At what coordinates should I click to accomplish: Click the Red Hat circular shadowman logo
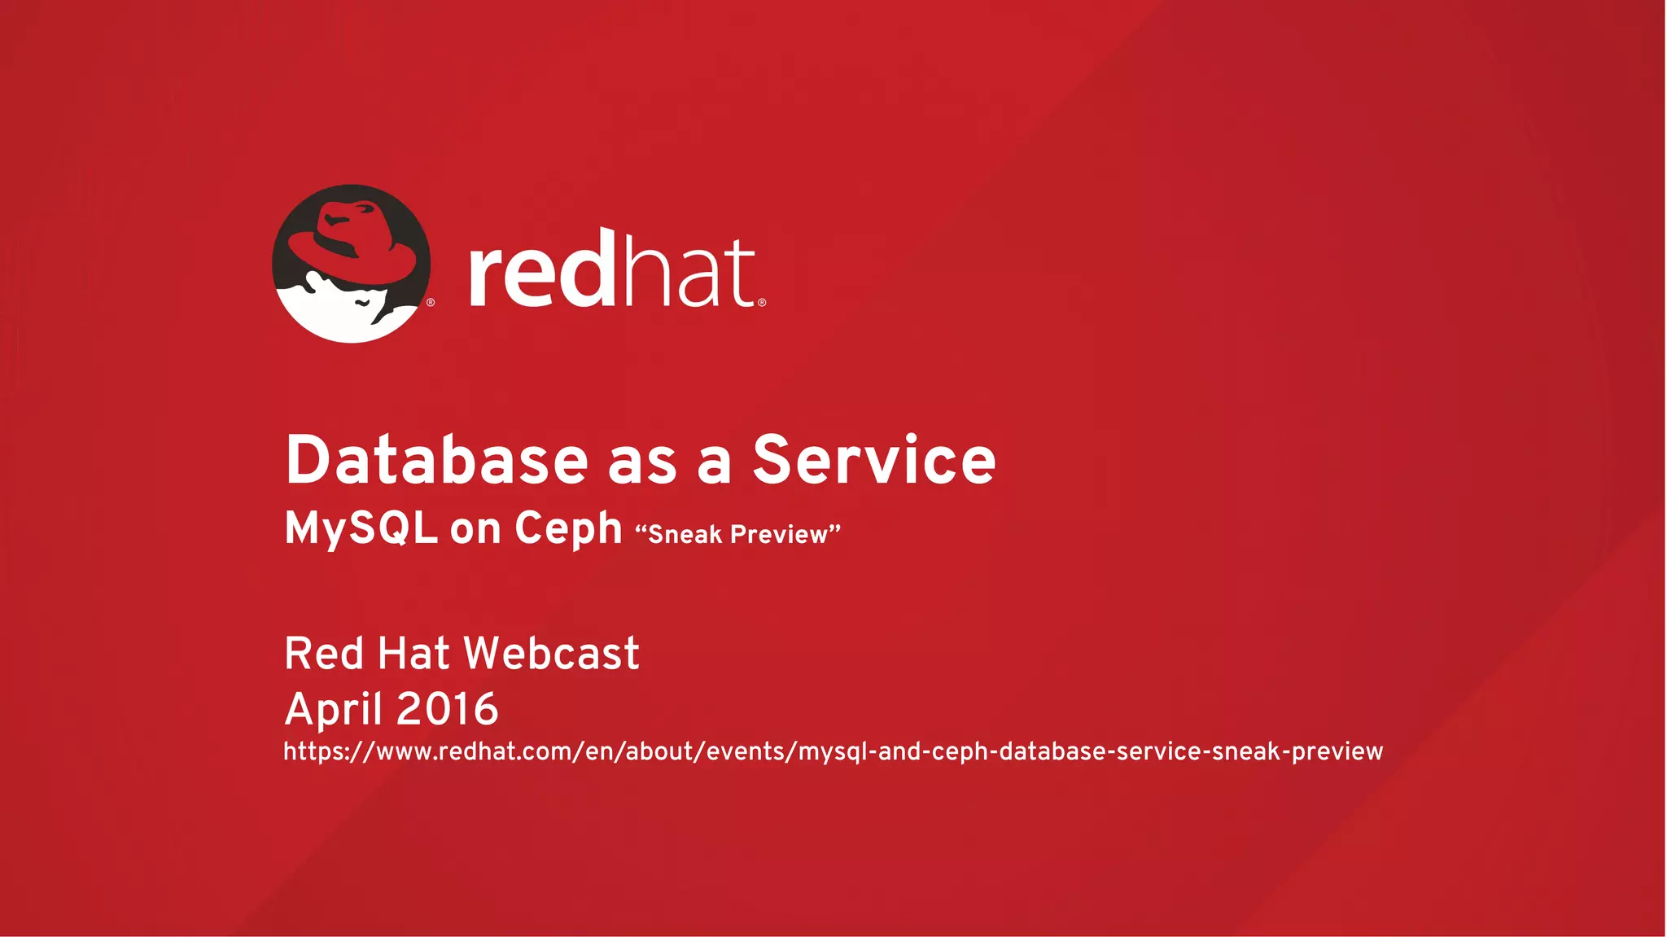pos(352,264)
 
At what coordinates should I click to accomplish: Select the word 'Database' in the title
pos(436,461)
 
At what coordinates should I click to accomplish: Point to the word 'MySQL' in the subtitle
pos(361,529)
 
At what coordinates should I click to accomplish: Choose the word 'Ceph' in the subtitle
pos(568,529)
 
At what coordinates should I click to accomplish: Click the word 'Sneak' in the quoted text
pos(685,535)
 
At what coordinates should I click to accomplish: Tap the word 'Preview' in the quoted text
pos(779,535)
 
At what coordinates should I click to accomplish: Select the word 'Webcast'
pos(551,654)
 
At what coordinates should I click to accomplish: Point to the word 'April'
pos(333,709)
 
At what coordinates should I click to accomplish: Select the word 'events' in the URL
pos(749,751)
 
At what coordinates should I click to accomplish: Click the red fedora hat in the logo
pos(358,240)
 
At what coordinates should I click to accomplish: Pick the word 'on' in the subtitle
pos(475,531)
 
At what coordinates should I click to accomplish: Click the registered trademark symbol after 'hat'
pos(762,303)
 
